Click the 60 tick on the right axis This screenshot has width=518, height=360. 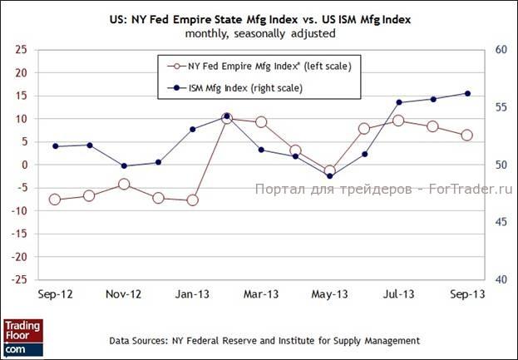point(501,50)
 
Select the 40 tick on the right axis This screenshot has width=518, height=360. point(501,279)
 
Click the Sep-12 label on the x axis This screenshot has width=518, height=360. point(55,294)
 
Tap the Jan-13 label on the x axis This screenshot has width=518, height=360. point(192,294)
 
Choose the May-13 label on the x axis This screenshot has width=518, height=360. point(329,294)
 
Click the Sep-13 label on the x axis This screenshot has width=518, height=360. point(466,294)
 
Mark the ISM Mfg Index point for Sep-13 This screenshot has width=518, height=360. point(467,93)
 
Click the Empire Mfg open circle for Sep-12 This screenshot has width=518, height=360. point(55,200)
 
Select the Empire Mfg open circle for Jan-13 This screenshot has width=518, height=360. point(193,200)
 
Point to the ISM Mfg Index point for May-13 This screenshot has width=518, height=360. point(330,176)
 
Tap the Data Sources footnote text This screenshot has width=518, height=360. point(264,341)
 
